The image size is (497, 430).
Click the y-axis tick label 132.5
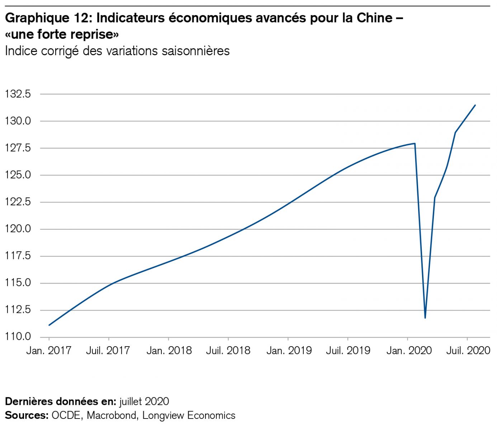click(18, 95)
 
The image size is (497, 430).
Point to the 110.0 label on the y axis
click(18, 337)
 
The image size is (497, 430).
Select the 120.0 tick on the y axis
click(18, 229)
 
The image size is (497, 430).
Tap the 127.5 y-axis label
click(18, 148)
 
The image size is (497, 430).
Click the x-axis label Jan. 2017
click(49, 350)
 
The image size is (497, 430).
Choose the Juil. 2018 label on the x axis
click(228, 350)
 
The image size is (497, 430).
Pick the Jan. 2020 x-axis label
click(409, 350)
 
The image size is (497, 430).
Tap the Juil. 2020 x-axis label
click(468, 350)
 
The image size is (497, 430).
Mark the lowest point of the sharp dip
click(425, 318)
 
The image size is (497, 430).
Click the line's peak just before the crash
click(415, 143)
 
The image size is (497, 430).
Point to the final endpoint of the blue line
click(475, 105)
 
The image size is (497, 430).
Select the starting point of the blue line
click(49, 325)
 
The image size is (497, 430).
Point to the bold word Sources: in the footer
click(27, 415)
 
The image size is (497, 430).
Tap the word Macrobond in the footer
click(112, 415)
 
